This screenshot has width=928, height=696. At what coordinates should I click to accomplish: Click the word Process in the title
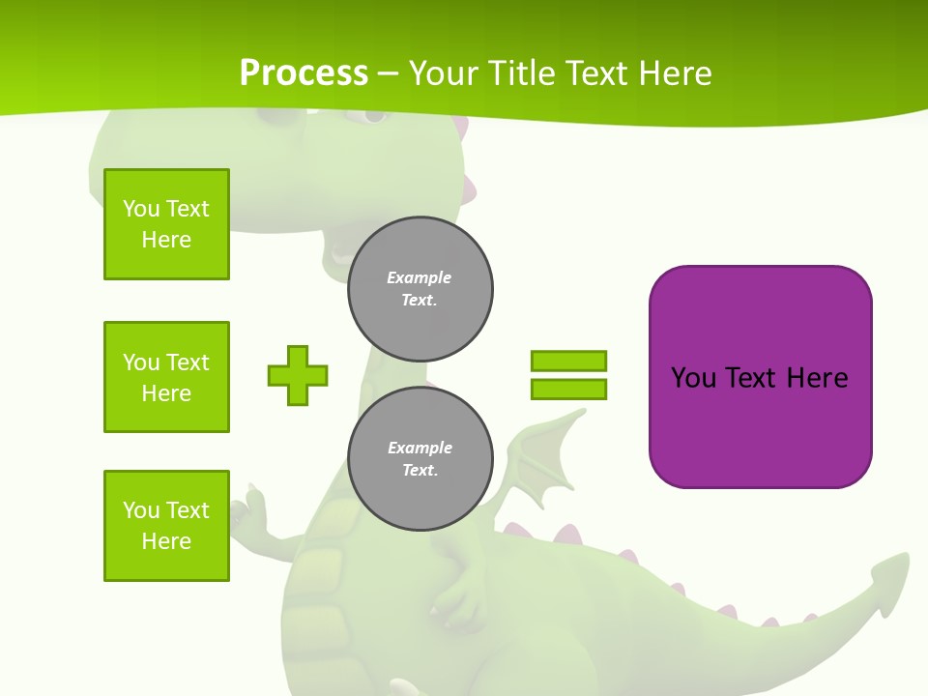pyautogui.click(x=304, y=72)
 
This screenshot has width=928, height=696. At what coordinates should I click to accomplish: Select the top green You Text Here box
pyautogui.click(x=166, y=224)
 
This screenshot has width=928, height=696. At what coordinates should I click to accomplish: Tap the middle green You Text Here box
pyautogui.click(x=166, y=377)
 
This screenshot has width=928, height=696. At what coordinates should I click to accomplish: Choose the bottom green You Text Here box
pyautogui.click(x=166, y=526)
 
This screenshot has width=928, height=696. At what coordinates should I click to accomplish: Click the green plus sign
pyautogui.click(x=298, y=375)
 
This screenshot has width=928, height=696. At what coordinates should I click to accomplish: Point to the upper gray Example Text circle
pyautogui.click(x=420, y=289)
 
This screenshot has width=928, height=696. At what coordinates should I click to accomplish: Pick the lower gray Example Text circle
pyautogui.click(x=420, y=459)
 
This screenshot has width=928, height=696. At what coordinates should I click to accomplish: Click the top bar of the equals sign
pyautogui.click(x=568, y=362)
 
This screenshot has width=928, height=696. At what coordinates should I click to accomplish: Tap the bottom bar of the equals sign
pyautogui.click(x=568, y=390)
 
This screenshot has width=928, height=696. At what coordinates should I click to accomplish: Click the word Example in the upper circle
pyautogui.click(x=420, y=277)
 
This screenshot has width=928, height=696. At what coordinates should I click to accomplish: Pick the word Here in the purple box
pyautogui.click(x=817, y=377)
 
